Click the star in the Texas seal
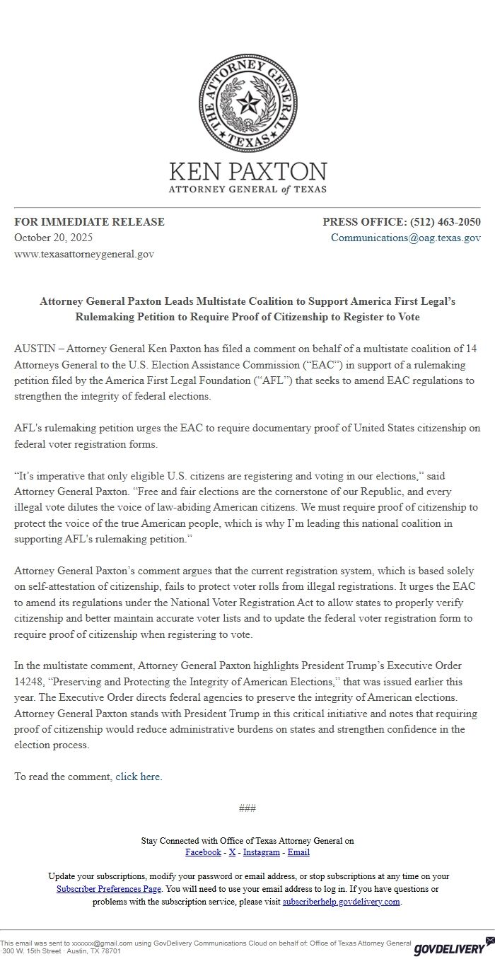[x=248, y=105]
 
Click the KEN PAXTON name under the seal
[x=248, y=172]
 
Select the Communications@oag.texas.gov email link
[x=406, y=238]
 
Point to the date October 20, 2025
[x=53, y=238]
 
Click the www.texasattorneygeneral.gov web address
[x=84, y=253]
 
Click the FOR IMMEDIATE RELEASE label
[x=89, y=222]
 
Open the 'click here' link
[x=138, y=777]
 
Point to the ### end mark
[x=248, y=808]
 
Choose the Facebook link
[x=203, y=852]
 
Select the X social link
[x=232, y=852]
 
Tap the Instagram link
[x=262, y=852]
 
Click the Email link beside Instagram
[x=298, y=852]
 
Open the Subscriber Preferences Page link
[x=109, y=889]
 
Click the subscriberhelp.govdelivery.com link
[x=342, y=902]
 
